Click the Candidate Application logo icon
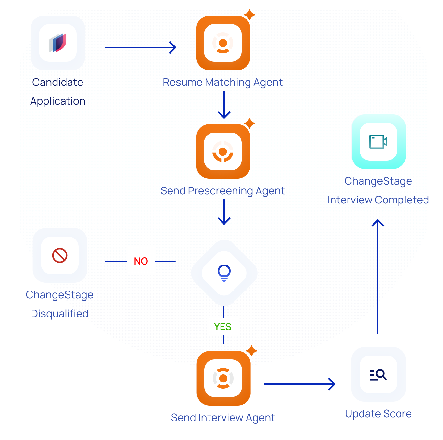click(x=58, y=43)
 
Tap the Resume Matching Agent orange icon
click(x=223, y=43)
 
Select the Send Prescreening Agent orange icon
click(x=223, y=151)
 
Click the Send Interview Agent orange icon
click(x=223, y=378)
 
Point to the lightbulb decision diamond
click(x=224, y=273)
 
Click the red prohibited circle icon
click(x=60, y=255)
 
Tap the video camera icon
click(x=378, y=142)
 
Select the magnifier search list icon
click(x=378, y=375)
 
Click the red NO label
click(x=141, y=261)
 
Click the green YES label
click(x=223, y=327)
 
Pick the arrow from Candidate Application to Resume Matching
click(x=140, y=47)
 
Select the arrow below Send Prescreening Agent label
click(x=224, y=212)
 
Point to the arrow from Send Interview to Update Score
click(x=299, y=384)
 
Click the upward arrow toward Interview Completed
click(x=377, y=276)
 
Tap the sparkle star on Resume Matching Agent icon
click(x=249, y=15)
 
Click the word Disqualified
click(x=60, y=314)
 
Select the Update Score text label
click(x=378, y=414)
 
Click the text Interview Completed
click(x=378, y=200)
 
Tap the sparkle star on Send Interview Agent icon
click(x=251, y=351)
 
